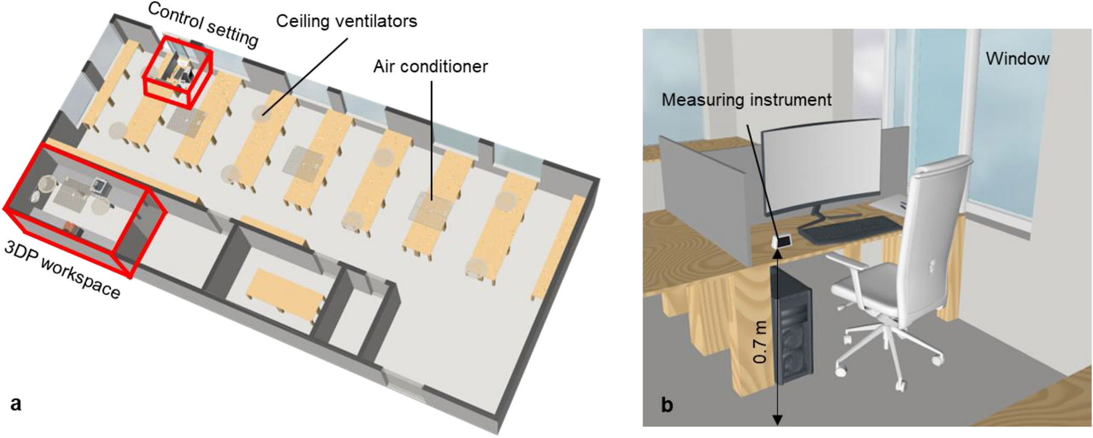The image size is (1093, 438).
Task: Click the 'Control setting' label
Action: point(203,25)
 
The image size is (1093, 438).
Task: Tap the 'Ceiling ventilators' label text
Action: point(346,22)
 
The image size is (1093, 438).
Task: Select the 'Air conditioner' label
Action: point(430,67)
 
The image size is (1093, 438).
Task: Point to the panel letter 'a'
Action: point(16,404)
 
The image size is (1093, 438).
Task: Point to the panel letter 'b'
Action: point(667,405)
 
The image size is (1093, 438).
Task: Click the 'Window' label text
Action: point(1017,59)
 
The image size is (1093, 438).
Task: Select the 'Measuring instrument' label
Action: point(746,100)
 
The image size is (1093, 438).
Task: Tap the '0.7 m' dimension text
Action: point(760,342)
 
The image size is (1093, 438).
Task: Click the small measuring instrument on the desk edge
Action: point(783,241)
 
